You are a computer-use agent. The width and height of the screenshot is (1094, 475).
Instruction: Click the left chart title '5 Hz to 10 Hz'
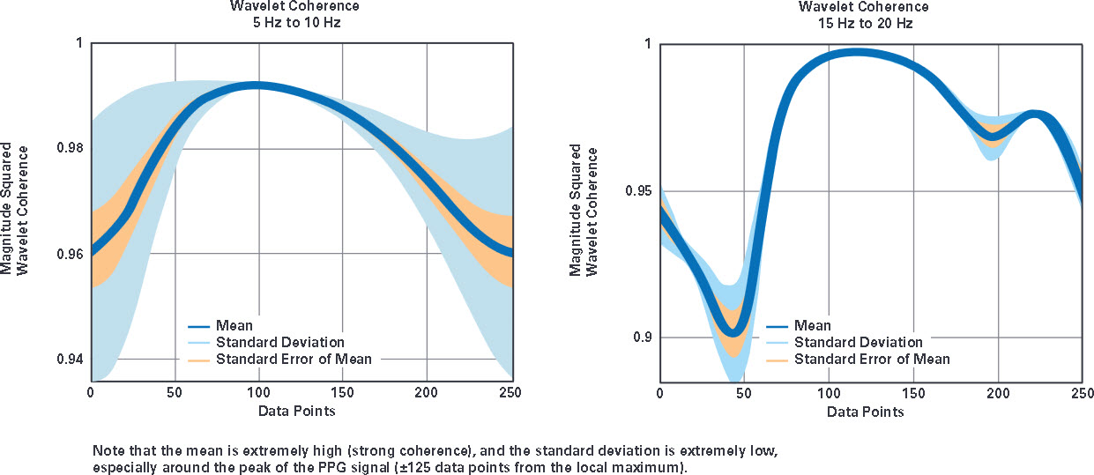(x=296, y=23)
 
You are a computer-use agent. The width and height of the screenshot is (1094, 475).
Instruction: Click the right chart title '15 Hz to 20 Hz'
(x=866, y=24)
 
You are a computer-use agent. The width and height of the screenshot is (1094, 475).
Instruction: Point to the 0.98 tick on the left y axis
(x=71, y=147)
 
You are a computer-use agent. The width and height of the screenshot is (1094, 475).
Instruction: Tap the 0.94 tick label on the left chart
(x=71, y=360)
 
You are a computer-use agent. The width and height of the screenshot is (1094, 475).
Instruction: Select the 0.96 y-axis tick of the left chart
(x=71, y=254)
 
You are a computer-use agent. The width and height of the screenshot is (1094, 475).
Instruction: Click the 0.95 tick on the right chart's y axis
(x=639, y=190)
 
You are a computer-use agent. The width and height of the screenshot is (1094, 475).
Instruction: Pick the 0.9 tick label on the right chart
(x=643, y=338)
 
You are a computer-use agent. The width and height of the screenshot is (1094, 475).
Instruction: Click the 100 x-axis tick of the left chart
(x=258, y=393)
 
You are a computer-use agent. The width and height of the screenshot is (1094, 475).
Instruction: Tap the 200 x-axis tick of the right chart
(x=998, y=393)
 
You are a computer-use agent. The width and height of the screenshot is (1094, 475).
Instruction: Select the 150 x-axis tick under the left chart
(x=342, y=393)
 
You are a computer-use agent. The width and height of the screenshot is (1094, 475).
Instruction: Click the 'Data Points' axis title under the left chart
(x=296, y=411)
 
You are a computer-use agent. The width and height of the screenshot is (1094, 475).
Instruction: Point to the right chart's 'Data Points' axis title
(x=865, y=412)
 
